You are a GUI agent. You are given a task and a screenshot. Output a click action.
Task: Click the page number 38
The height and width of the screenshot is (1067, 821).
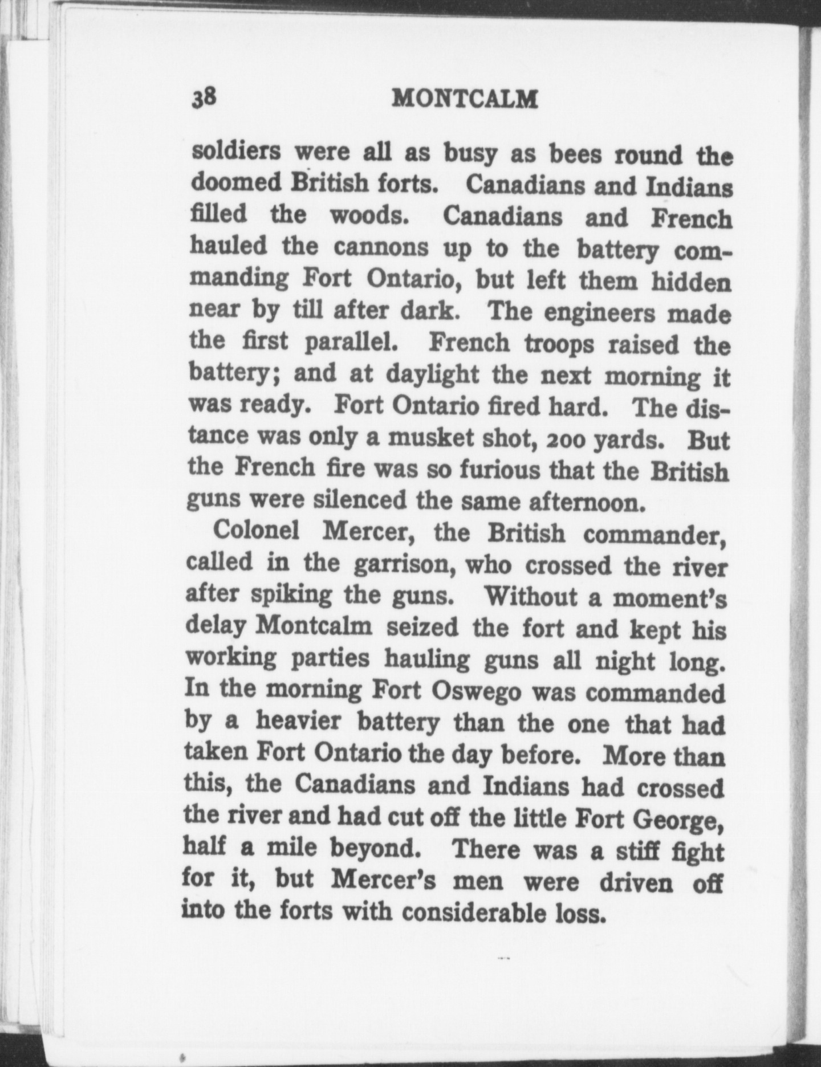(x=203, y=98)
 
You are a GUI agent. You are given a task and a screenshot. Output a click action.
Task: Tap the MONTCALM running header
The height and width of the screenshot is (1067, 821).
(x=465, y=100)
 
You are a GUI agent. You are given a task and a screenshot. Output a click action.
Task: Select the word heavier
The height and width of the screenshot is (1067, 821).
(x=298, y=722)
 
